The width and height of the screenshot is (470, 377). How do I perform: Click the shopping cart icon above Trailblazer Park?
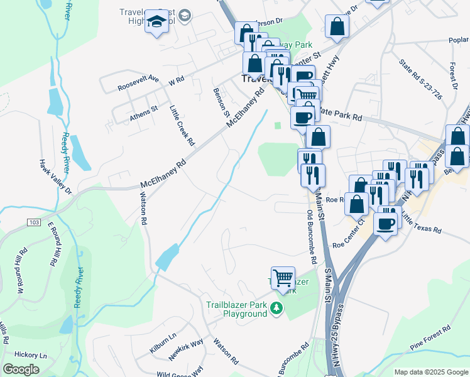[x=283, y=277]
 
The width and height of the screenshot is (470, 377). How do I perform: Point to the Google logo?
[x=21, y=369]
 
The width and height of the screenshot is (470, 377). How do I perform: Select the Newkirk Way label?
[x=185, y=350]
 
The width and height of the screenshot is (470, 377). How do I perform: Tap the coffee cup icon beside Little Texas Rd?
[x=386, y=223]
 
